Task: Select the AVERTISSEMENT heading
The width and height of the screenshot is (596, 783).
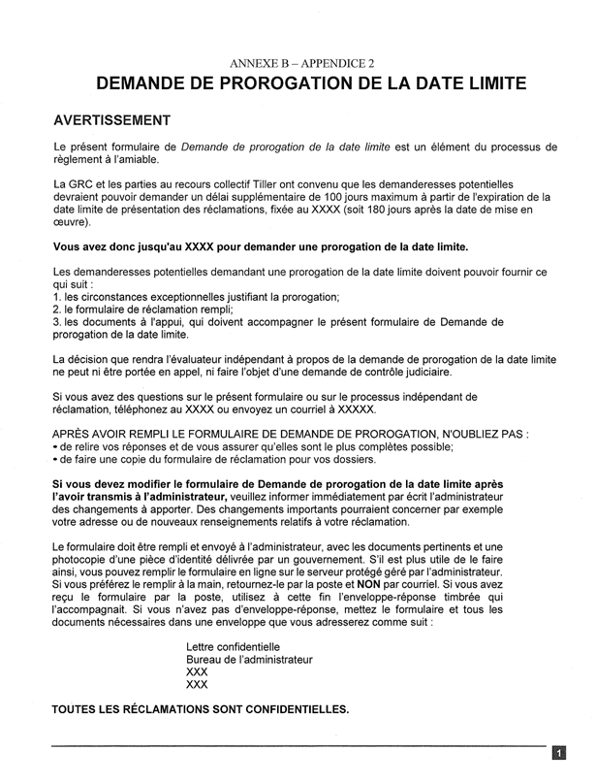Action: [111, 121]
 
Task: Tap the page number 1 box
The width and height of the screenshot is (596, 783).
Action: [559, 752]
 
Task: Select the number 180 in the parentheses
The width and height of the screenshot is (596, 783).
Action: [371, 210]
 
